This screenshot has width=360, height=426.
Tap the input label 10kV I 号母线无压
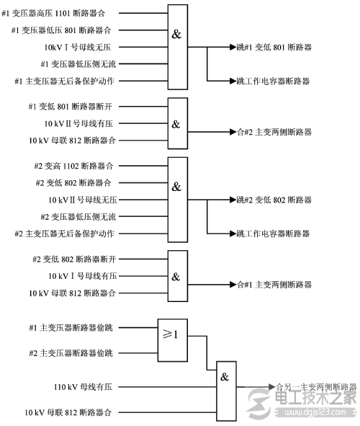tap(78, 47)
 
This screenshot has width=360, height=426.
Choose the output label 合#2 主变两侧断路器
tap(274, 132)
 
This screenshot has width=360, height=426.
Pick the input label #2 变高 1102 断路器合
tap(74, 166)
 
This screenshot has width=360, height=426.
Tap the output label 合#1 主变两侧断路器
tap(274, 285)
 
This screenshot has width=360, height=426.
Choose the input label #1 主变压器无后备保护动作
tap(64, 81)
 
